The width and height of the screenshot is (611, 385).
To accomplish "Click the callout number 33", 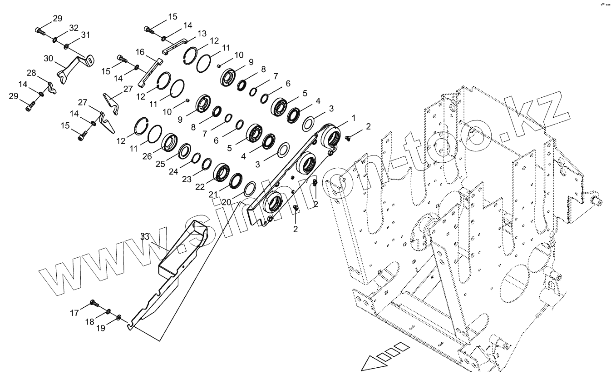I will [x=145, y=236].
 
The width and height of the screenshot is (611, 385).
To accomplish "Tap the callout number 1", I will [x=354, y=118].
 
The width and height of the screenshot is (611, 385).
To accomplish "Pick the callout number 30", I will [x=49, y=58].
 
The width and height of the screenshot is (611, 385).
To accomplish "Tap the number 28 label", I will [x=31, y=73].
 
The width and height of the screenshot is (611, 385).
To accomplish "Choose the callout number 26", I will [x=147, y=156].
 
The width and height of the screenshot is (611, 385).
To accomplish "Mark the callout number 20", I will [x=226, y=202].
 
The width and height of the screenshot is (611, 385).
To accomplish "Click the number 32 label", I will [x=74, y=28].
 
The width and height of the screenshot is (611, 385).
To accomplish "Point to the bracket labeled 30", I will [x=73, y=66].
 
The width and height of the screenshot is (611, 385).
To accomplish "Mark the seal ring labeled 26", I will [x=170, y=142].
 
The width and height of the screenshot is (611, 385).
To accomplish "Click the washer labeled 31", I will [x=67, y=46].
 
